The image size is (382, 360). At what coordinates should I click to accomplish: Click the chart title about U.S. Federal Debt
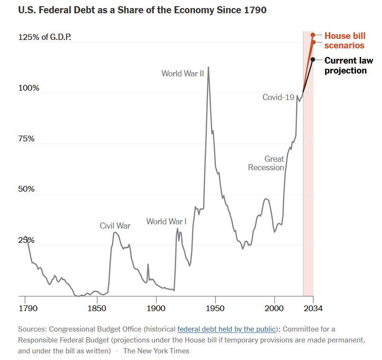[142, 10]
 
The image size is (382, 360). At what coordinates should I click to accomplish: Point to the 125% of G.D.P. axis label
[45, 37]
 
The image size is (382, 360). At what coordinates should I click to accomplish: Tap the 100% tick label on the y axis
[29, 88]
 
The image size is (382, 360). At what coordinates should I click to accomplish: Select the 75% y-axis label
[26, 138]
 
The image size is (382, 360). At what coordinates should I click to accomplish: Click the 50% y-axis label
[26, 189]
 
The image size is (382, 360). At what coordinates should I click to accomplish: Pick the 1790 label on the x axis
[28, 308]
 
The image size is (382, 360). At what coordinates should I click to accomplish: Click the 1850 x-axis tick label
[97, 308]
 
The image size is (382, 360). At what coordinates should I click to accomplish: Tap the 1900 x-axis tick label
[156, 308]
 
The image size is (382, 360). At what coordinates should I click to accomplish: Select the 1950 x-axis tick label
[215, 308]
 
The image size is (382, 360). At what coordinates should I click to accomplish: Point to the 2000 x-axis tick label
[274, 308]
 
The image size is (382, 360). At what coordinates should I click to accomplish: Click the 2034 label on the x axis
[313, 308]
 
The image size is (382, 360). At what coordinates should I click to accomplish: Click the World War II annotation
[183, 74]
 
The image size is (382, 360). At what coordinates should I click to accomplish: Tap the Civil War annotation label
[115, 226]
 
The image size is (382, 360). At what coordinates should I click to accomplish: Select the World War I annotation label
[167, 222]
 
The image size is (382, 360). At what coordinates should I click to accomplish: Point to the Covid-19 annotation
[279, 97]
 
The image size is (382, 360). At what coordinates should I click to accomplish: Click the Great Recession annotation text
[266, 163]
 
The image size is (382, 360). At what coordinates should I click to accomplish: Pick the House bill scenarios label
[345, 40]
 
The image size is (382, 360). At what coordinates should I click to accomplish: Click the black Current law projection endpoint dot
[313, 59]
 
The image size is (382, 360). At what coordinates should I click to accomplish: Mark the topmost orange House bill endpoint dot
[313, 35]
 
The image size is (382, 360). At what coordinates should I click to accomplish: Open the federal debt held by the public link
[226, 329]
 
